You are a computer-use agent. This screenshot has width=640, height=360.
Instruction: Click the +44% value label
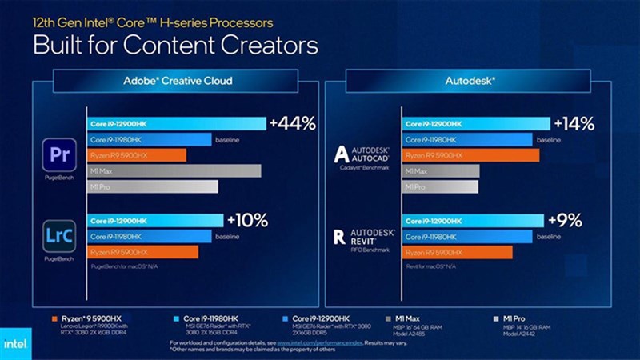(293, 123)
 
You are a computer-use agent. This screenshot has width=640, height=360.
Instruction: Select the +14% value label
(573, 123)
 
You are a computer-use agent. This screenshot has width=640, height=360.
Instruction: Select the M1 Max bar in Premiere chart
(174, 170)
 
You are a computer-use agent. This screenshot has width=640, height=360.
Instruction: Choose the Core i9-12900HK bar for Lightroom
(155, 220)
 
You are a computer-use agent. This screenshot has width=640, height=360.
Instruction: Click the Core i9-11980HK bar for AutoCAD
(468, 139)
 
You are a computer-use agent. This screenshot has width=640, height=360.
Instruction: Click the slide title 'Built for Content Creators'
(164, 43)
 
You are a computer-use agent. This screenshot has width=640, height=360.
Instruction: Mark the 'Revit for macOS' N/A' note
(432, 264)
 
